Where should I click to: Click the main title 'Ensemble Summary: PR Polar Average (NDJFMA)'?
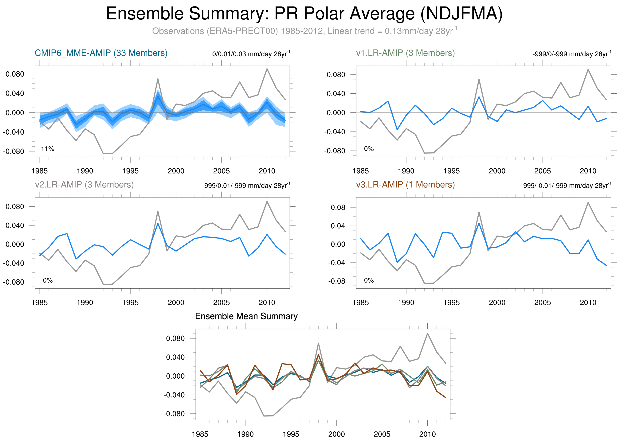pos(304,14)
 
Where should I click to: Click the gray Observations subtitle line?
pos(304,31)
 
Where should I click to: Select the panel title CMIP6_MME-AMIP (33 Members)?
pos(101,53)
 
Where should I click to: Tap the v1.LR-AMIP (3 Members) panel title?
pos(405,53)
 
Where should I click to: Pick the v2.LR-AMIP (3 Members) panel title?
pos(84,185)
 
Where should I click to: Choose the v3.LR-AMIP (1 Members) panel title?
pos(405,185)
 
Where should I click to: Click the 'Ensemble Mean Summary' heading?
pos(246,316)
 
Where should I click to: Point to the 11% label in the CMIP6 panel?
pos(48,149)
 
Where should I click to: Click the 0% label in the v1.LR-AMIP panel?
pos(369,149)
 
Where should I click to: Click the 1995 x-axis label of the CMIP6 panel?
pos(130,171)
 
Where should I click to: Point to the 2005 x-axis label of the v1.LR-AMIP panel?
pos(542,171)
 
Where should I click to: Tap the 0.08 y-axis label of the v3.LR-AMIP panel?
pos(338,208)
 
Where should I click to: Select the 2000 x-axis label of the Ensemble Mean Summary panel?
pos(337,434)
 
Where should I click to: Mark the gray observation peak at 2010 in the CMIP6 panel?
pos(267,69)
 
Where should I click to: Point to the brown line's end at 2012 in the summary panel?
pos(446,397)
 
